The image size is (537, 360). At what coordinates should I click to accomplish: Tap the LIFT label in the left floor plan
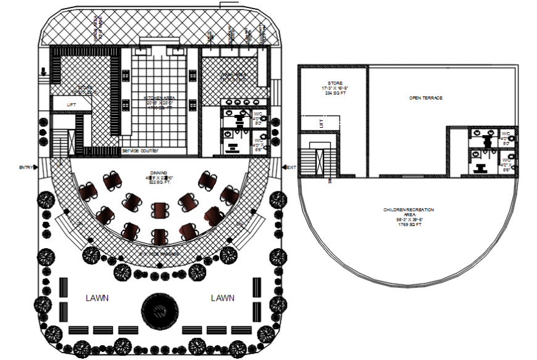[71, 105]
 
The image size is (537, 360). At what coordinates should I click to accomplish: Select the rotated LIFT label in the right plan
[321, 124]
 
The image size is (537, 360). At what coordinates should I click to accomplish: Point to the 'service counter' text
[140, 151]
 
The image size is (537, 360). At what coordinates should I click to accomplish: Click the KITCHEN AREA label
[159, 98]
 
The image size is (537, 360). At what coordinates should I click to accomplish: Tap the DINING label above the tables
[159, 173]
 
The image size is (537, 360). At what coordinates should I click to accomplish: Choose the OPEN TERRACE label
[426, 98]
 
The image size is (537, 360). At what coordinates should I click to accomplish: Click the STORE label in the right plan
[335, 83]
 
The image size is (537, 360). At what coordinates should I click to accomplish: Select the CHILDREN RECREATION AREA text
[408, 214]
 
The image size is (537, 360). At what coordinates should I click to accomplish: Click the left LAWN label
[97, 298]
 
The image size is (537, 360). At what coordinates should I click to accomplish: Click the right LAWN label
[222, 298]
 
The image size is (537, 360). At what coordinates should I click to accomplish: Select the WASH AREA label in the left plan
[233, 77]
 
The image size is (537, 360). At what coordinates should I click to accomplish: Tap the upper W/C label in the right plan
[505, 134]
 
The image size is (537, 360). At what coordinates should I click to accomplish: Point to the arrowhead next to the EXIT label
[283, 167]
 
